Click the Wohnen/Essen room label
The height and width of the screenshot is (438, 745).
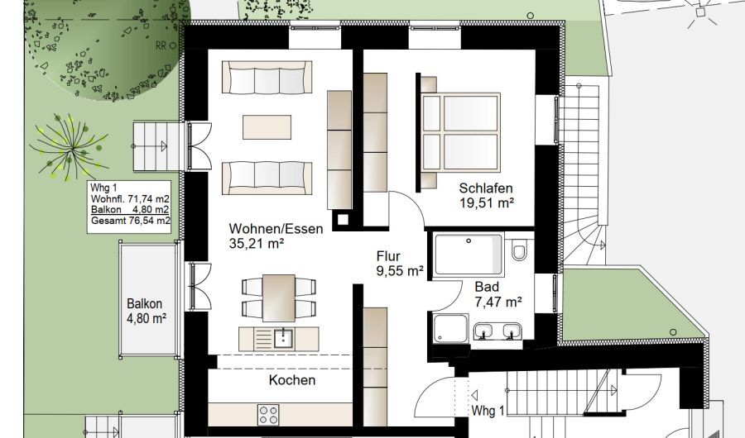pos(265,228)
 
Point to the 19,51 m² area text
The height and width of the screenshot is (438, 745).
pos(488,202)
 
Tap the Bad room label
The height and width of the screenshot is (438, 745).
pos(487,288)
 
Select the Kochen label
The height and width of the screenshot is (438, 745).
pos(291,380)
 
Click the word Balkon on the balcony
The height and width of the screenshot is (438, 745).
pos(145,302)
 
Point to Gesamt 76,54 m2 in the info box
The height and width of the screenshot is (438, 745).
pos(130,221)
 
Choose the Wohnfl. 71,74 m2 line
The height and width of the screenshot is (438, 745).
pos(130,198)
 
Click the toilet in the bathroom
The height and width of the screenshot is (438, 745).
pos(520,251)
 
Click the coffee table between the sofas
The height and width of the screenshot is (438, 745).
pos(267,127)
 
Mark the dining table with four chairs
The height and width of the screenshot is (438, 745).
pos(279,298)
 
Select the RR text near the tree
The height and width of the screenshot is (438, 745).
pos(161,46)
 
